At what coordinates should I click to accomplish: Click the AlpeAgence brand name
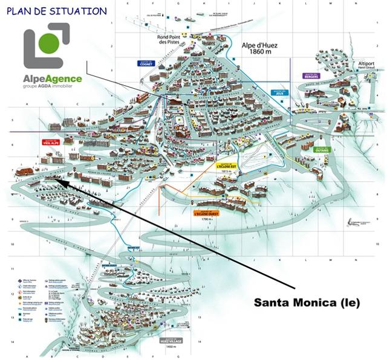pyautogui.click(x=53, y=79)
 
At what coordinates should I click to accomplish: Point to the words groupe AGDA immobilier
pyautogui.click(x=53, y=88)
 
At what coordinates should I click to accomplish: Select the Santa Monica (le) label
pyautogui.click(x=306, y=303)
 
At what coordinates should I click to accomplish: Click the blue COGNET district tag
pyautogui.click(x=146, y=63)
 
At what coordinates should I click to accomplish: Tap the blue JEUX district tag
pyautogui.click(x=278, y=93)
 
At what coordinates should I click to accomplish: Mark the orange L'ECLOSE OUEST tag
pyautogui.click(x=206, y=213)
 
